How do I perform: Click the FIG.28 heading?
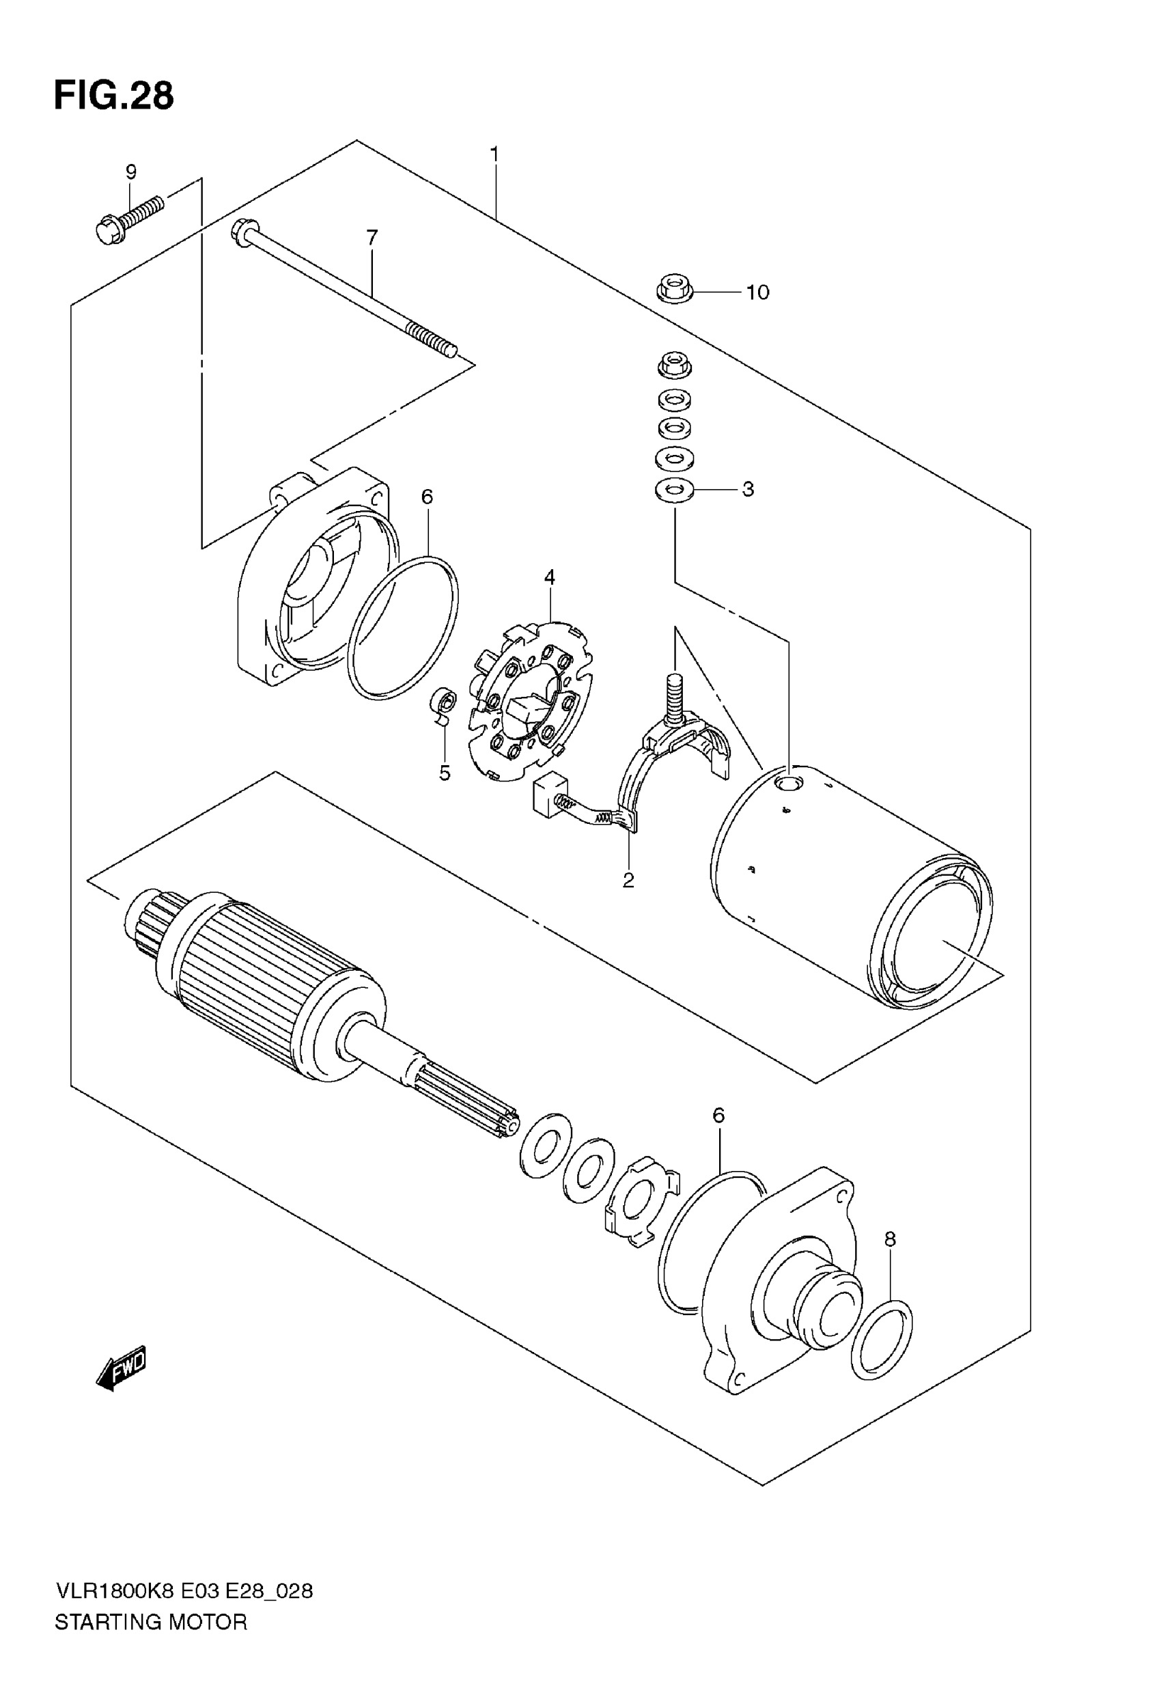[114, 96]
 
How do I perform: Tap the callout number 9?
[131, 172]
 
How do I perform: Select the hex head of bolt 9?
[111, 231]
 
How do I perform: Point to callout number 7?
[372, 237]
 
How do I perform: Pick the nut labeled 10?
[673, 290]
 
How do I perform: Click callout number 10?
[757, 292]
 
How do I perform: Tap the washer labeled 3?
[673, 490]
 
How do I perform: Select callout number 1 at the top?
[494, 154]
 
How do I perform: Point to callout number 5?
[445, 773]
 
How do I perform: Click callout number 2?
[628, 881]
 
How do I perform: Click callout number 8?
[891, 1239]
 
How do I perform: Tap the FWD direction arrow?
[122, 1368]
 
